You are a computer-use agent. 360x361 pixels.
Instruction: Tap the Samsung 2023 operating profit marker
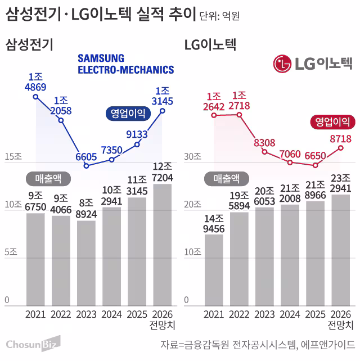coord(86,166)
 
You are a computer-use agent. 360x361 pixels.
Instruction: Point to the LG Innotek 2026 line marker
coord(341,148)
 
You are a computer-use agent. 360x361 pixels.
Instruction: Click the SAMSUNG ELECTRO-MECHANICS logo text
coord(125,64)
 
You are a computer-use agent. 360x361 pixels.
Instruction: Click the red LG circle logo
coord(282,64)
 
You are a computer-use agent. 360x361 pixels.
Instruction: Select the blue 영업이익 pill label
coord(125,114)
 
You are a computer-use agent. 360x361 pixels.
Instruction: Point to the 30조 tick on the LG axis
coord(193,157)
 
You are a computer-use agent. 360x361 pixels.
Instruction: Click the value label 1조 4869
coord(35,82)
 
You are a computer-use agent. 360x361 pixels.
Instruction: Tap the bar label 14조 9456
coord(214,223)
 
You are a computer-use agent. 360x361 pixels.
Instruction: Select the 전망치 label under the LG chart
coord(341,326)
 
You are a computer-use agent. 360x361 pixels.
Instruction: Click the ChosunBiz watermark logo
coord(33,343)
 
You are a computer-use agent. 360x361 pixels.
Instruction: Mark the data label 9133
coord(137,134)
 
